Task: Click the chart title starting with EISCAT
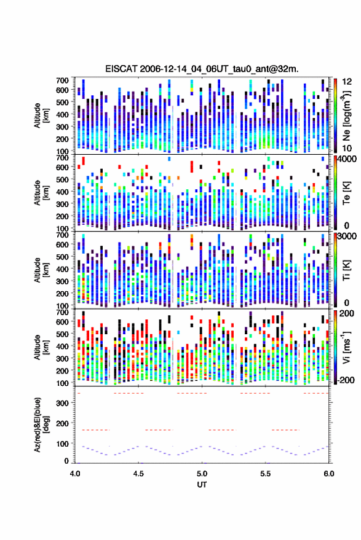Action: [x=202, y=69]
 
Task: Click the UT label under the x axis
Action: [x=202, y=485]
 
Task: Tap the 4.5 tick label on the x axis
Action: [x=138, y=474]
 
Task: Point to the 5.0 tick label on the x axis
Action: [x=202, y=474]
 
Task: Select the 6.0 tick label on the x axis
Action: [x=328, y=474]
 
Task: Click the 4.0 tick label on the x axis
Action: [x=75, y=474]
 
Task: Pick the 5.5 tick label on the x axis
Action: [x=265, y=474]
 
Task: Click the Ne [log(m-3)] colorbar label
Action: [x=346, y=115]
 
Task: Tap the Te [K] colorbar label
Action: [x=346, y=193]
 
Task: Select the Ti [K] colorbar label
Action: [x=346, y=270]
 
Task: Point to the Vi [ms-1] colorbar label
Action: [x=346, y=347]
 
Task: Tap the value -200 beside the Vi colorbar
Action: [x=346, y=380]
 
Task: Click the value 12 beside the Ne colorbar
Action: [x=347, y=82]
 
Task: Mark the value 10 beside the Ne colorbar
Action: [x=347, y=149]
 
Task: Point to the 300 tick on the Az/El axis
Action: [x=62, y=403]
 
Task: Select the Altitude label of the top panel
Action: [x=41, y=115]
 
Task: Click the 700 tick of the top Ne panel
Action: [x=62, y=80]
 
